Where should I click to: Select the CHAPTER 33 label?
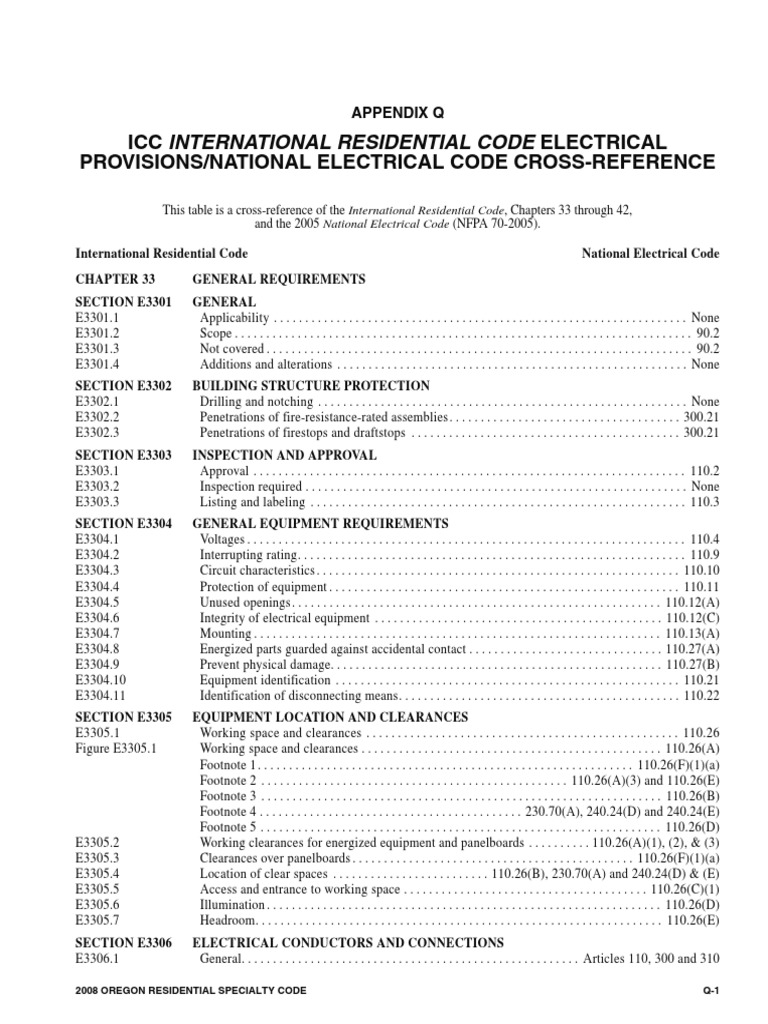(110, 279)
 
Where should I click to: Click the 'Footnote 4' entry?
(228, 812)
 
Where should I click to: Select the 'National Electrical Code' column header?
(650, 254)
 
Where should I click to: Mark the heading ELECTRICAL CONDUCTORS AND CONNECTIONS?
(348, 943)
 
